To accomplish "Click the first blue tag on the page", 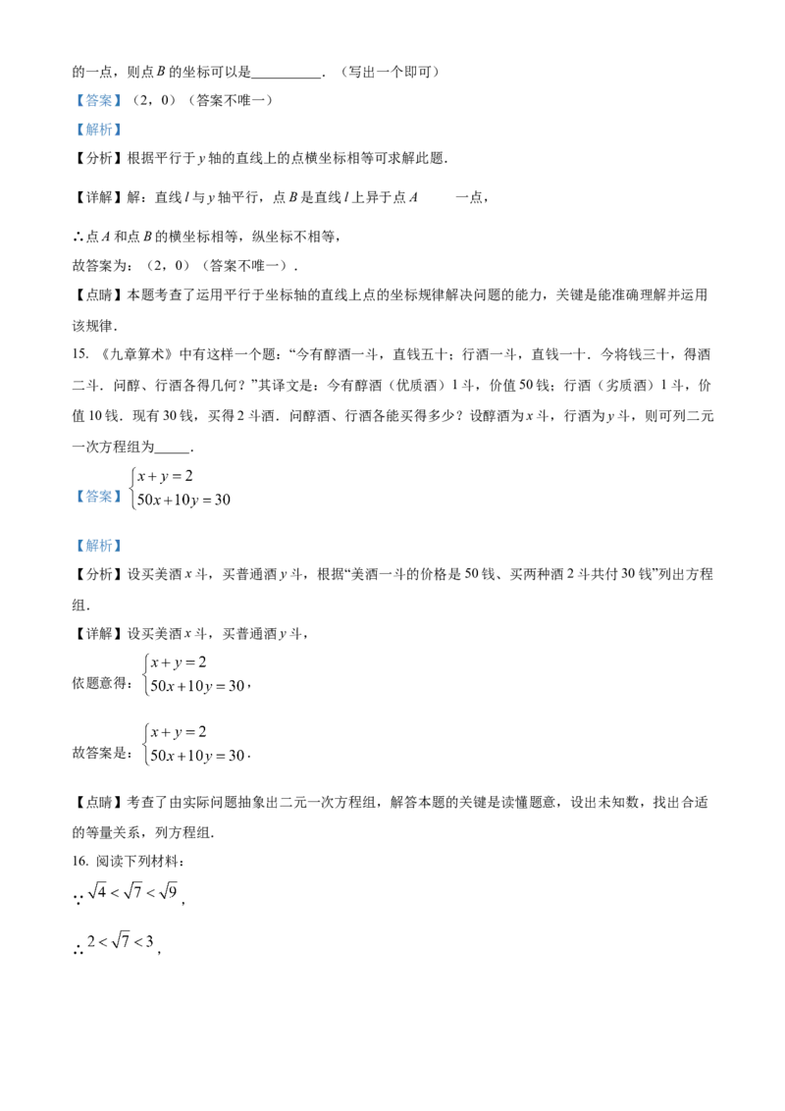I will pyautogui.click(x=98, y=100).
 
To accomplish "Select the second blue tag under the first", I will pyautogui.click(x=98, y=130).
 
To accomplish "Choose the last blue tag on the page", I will pyautogui.click(x=98, y=546).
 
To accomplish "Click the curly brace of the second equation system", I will pyautogui.click(x=145, y=673).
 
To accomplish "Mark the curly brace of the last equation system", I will pyautogui.click(x=145, y=744).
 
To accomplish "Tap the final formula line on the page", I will pyautogui.click(x=122, y=941).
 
